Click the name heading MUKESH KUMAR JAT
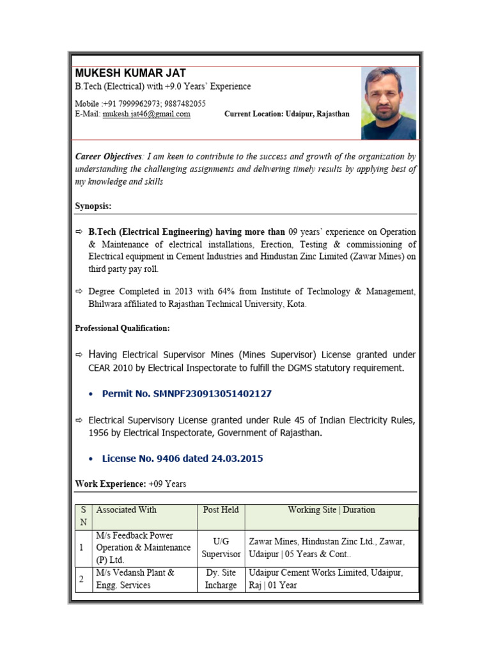[130, 73]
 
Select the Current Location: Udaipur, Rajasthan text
[286, 114]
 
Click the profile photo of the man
[388, 103]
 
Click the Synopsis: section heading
[93, 206]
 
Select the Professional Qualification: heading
[122, 327]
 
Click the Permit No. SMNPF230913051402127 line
[187, 393]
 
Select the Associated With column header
[126, 510]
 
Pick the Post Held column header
[221, 510]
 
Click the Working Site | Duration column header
[331, 510]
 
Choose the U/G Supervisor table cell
[221, 548]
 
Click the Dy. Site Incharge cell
[221, 579]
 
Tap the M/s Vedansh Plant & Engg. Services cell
[135, 579]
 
